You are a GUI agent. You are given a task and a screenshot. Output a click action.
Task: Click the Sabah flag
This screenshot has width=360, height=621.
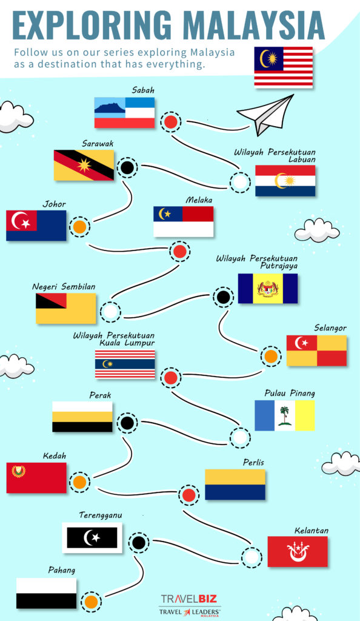124,112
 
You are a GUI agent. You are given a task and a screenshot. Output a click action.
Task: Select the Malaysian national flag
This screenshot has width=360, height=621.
283,67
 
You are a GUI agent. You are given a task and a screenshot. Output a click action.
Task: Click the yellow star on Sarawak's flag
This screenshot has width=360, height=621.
84,165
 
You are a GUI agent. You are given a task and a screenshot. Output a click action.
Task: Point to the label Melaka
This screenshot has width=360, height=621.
199,200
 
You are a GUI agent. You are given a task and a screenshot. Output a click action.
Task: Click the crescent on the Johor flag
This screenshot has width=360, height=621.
19,221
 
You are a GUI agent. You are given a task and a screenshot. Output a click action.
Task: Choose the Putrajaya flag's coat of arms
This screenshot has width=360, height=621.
268,289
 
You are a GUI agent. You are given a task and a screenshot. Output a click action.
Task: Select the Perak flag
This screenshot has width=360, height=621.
82,417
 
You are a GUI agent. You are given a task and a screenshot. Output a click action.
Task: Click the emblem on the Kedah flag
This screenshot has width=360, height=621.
19,471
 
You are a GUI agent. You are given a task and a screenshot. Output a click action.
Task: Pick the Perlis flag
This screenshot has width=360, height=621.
235,485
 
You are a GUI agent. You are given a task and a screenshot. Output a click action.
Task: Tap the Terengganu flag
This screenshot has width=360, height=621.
92,537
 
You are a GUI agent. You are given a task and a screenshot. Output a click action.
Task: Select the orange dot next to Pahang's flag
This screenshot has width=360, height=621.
91,602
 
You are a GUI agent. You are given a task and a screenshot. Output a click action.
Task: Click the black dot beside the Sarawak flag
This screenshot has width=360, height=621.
127,167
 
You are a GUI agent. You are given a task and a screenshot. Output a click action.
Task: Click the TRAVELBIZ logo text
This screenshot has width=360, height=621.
188,599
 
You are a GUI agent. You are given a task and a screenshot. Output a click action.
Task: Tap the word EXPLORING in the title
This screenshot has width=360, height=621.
92,25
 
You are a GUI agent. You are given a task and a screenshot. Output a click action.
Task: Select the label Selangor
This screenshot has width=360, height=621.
330,328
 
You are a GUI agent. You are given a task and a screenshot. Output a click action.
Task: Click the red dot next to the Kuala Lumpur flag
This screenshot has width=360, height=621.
171,377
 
